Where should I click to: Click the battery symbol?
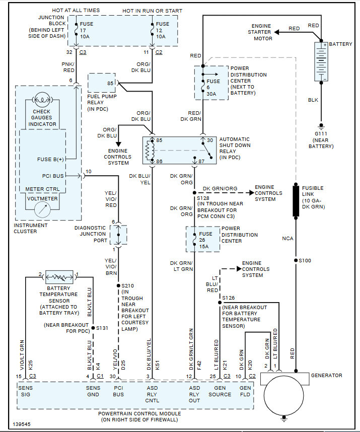[x=321, y=62]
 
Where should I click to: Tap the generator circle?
[x=284, y=395]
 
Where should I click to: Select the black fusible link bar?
[x=296, y=201]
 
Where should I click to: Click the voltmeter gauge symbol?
[x=42, y=210]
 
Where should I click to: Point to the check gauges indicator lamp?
[x=42, y=100]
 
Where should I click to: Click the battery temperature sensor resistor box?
[x=59, y=277]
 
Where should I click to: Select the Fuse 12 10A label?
[x=163, y=30]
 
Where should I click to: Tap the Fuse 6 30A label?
[x=213, y=88]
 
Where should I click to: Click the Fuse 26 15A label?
[x=205, y=240]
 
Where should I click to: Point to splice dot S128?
[x=194, y=193]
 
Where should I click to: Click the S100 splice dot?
[x=296, y=260]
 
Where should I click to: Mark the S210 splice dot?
[x=118, y=285]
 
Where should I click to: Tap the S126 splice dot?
[x=220, y=303]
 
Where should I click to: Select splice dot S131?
[x=93, y=328]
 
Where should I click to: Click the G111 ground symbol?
[x=321, y=126]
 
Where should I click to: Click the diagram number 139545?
[x=22, y=424]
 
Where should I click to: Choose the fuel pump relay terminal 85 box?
[x=102, y=83]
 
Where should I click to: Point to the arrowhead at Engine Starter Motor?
[x=277, y=32]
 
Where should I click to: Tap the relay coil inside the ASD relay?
[x=150, y=151]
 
